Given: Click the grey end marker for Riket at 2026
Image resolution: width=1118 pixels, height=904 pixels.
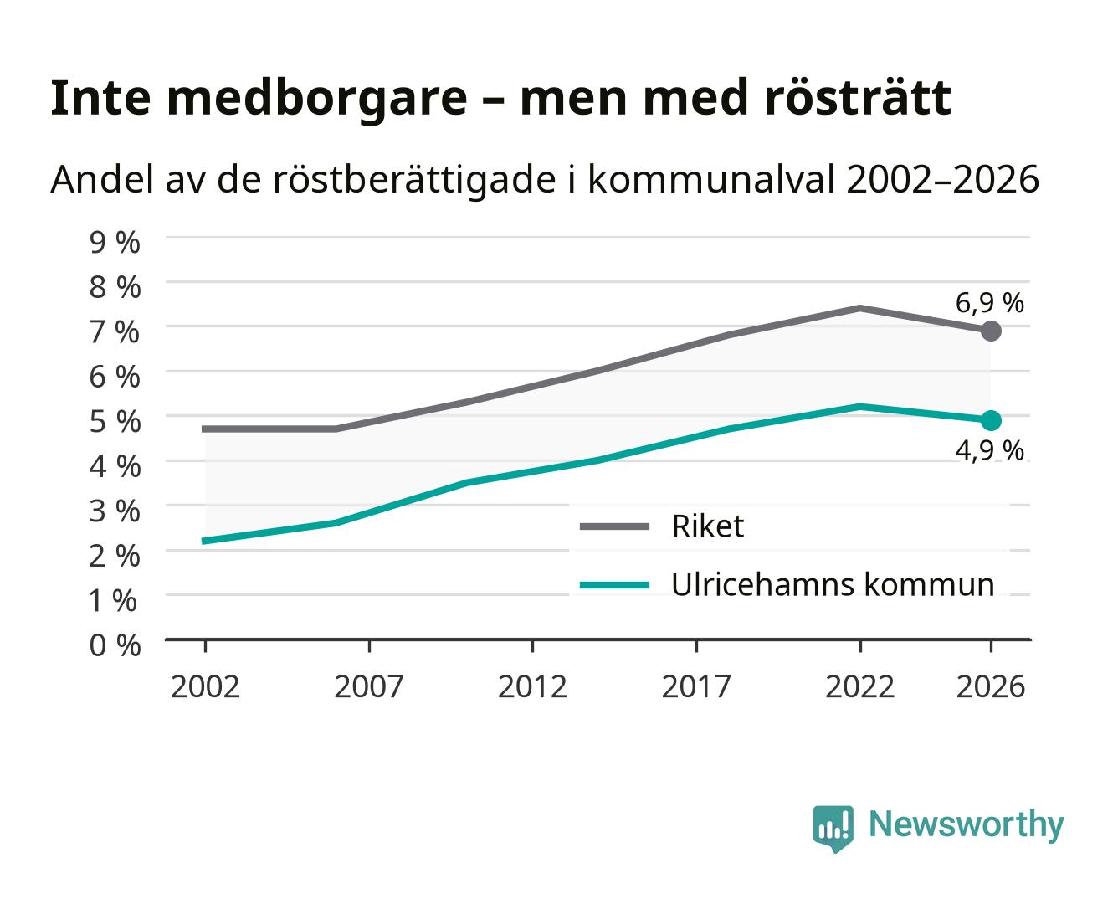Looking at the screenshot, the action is [991, 331].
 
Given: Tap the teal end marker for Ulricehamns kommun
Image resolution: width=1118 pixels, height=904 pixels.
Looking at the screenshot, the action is [991, 420].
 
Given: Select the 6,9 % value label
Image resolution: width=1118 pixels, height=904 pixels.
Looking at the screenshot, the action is [989, 304].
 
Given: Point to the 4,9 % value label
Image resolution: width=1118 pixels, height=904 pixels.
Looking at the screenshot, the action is [989, 451].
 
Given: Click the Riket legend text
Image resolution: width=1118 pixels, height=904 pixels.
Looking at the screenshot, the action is [708, 526].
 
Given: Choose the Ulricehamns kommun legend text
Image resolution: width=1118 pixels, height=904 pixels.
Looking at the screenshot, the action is [833, 584].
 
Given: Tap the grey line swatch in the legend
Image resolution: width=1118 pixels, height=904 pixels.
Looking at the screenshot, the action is [614, 526].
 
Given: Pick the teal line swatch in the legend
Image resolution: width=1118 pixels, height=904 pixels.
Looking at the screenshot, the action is [614, 585].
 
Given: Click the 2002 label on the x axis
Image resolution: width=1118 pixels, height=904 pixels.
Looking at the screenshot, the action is [205, 686].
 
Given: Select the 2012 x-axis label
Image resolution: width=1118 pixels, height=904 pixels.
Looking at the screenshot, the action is [533, 686].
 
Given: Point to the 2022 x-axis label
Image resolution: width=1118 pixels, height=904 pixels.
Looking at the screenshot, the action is [859, 686].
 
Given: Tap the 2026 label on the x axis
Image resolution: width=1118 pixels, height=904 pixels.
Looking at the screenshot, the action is [991, 686].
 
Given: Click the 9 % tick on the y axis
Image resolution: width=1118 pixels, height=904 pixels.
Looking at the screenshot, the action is [115, 243].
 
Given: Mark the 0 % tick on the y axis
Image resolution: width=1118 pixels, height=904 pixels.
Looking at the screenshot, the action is [115, 645].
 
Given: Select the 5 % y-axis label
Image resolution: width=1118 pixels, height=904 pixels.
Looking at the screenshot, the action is [115, 422].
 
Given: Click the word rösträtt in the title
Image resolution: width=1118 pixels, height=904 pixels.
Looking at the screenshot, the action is [858, 98].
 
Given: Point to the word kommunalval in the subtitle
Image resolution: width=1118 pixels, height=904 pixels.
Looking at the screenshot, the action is [710, 179].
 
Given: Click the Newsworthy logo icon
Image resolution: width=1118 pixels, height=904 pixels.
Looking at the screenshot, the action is [833, 828].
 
